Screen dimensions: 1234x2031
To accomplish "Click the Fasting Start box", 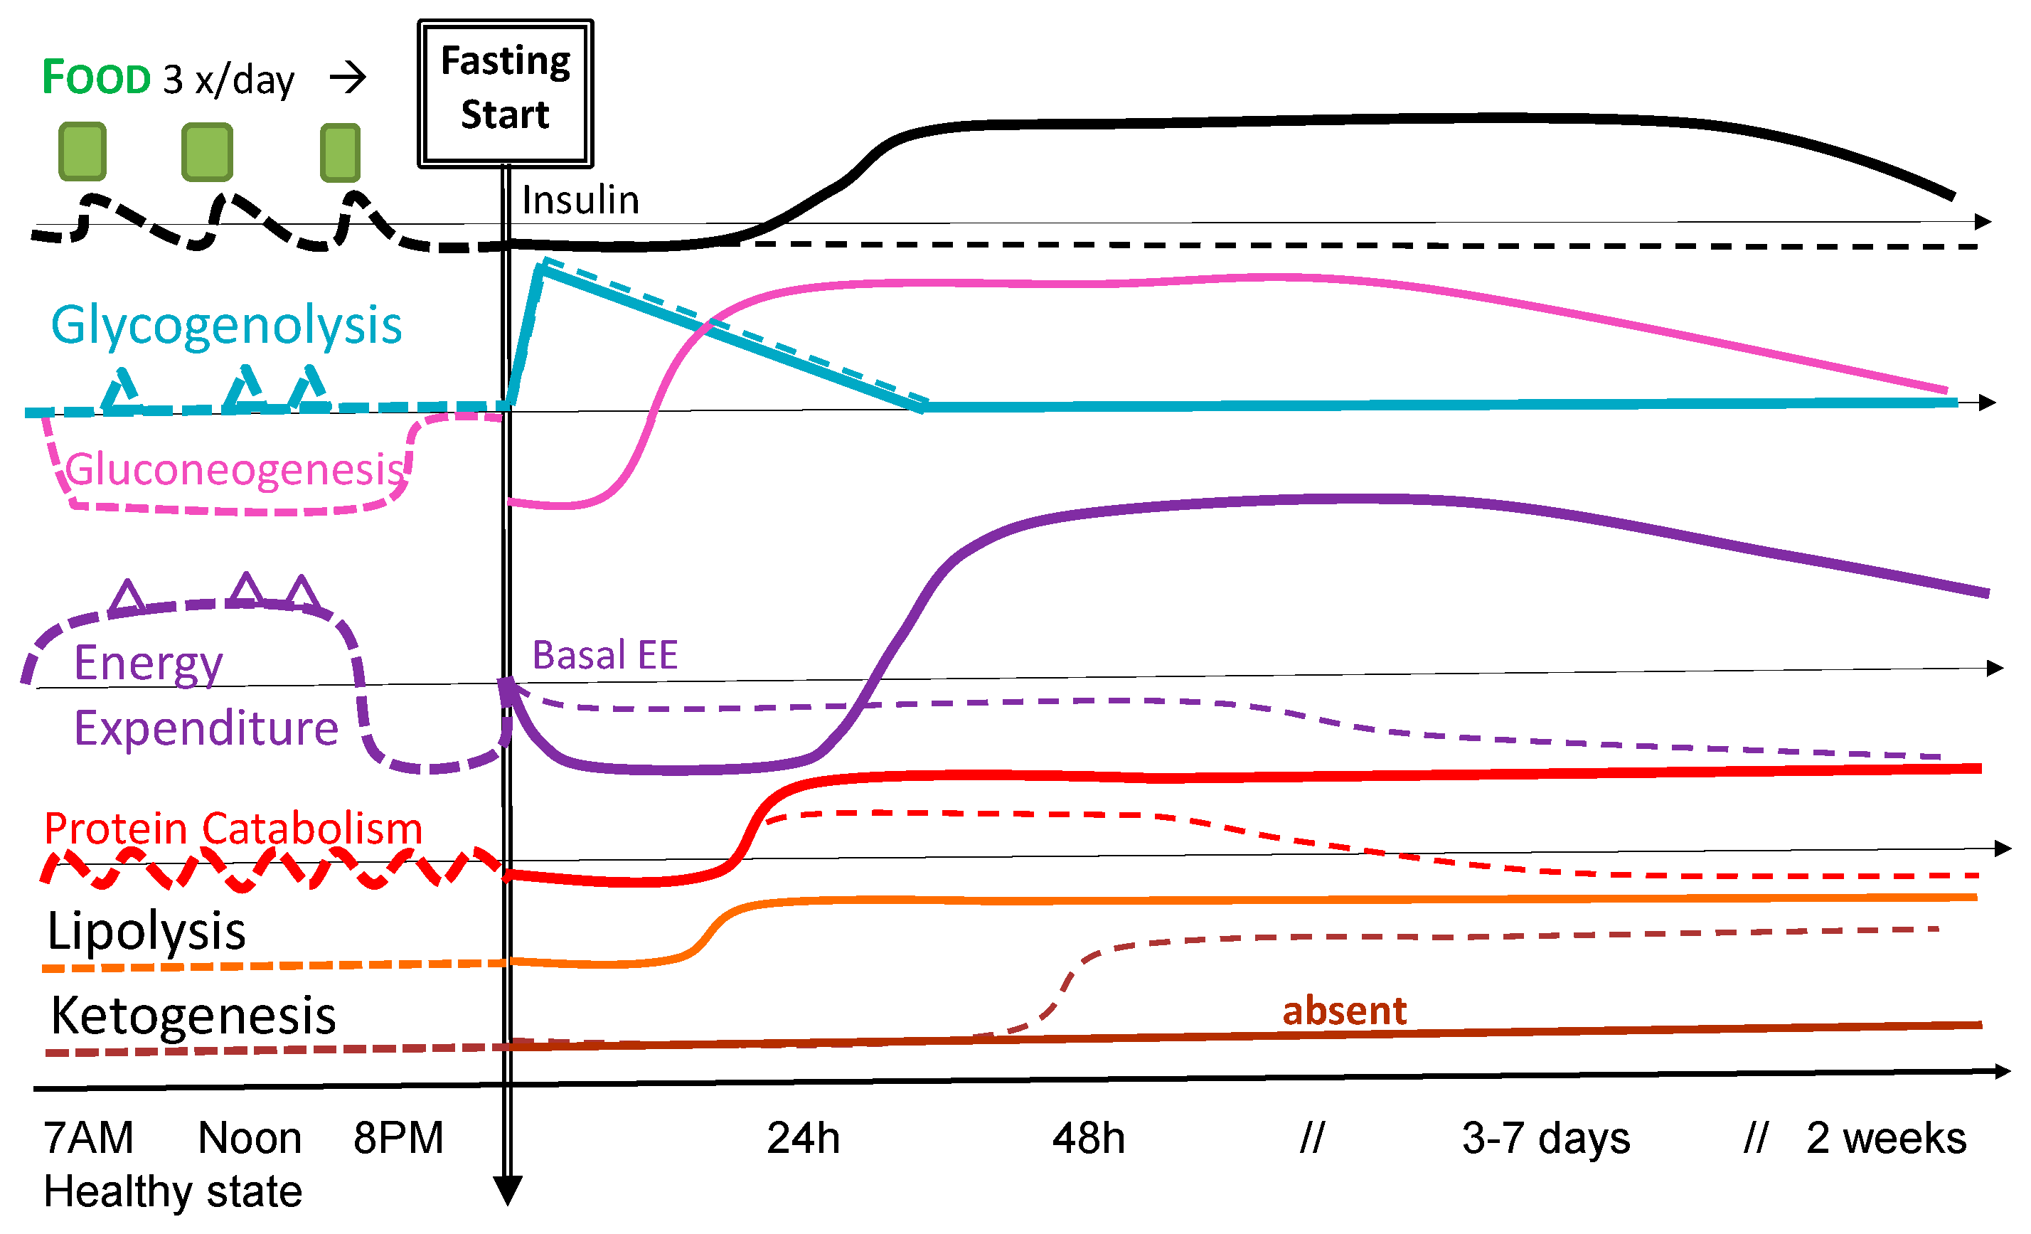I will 506,93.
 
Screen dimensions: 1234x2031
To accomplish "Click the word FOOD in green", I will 97,78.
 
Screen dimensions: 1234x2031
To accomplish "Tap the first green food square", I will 82,151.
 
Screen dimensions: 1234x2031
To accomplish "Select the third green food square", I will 340,151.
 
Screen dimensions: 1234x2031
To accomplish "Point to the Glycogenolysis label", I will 226,325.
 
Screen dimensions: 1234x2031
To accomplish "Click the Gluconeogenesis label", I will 235,470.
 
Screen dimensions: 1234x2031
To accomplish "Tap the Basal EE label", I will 604,655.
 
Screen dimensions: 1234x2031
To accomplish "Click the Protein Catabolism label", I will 233,828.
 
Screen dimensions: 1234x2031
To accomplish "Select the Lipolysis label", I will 146,932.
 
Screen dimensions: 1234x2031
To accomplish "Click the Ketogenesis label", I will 193,1016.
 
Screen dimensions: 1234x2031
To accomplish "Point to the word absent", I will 1344,1011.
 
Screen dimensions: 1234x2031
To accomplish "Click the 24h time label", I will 803,1139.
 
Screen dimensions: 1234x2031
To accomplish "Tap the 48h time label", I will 1088,1139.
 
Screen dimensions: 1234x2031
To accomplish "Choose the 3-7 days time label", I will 1545,1139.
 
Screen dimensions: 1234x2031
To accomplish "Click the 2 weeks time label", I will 1886,1139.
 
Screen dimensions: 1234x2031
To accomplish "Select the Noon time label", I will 250,1139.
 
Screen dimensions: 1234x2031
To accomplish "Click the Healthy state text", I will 173,1192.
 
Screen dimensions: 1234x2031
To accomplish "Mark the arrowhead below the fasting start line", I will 507,1191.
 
